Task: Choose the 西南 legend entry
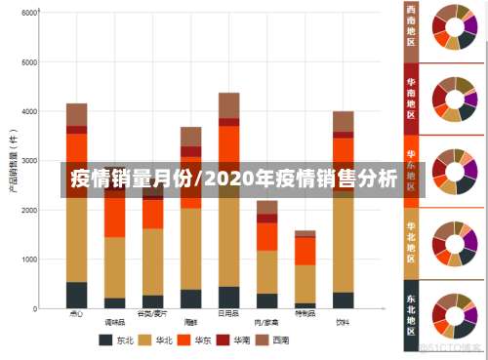click(x=274, y=340)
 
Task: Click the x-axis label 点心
click(x=76, y=315)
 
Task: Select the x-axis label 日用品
click(x=228, y=315)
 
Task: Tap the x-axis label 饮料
click(x=343, y=315)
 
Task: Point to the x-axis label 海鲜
click(x=190, y=315)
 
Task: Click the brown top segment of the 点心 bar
click(x=76, y=114)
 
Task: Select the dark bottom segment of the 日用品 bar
click(x=228, y=297)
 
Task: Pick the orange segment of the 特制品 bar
click(x=305, y=251)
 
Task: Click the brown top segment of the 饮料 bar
click(x=343, y=121)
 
